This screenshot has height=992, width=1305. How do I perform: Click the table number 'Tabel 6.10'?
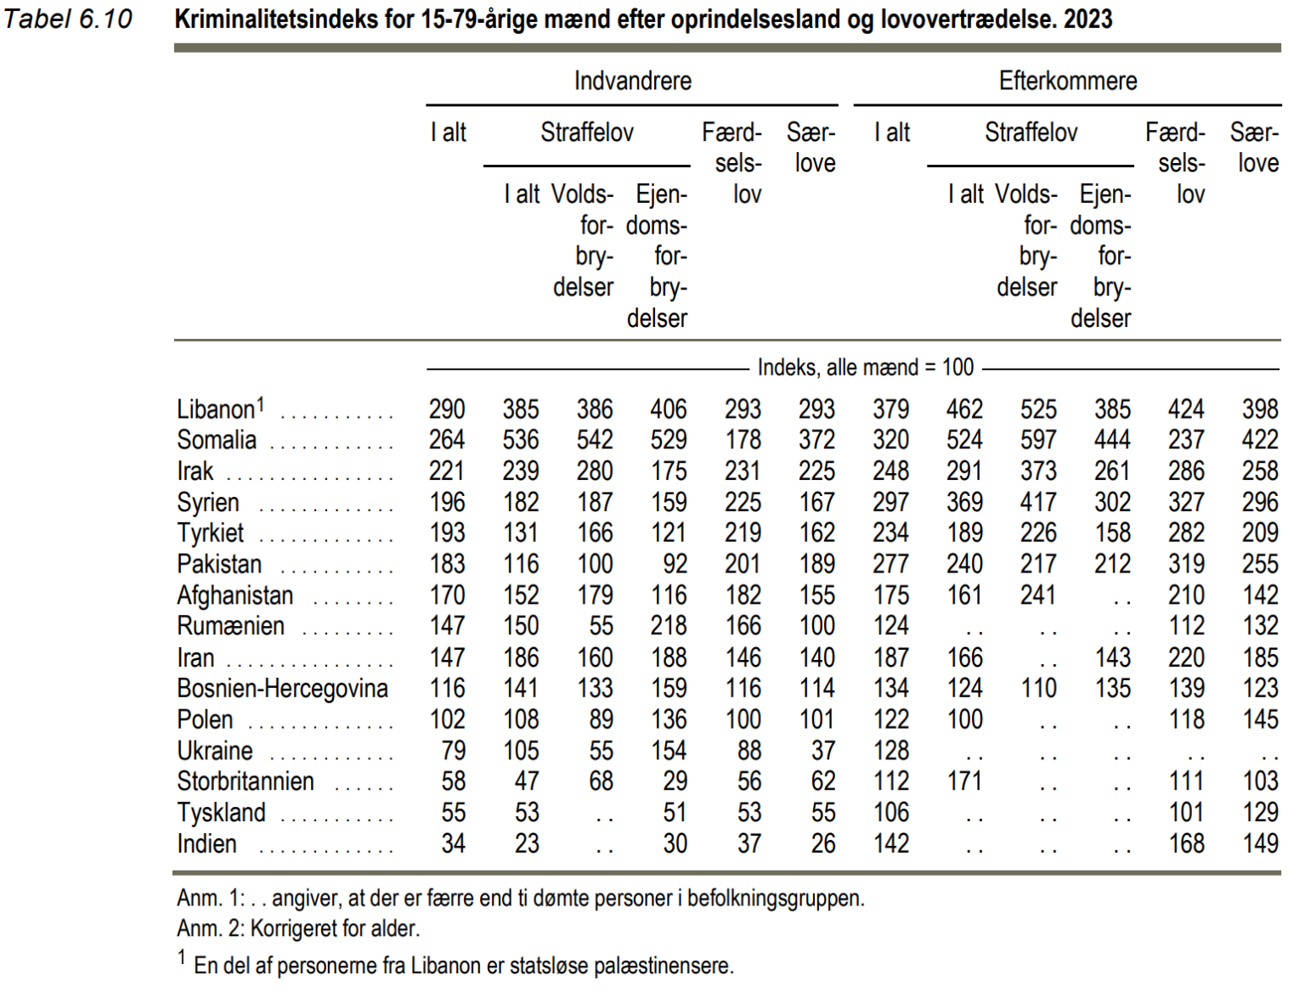tap(67, 19)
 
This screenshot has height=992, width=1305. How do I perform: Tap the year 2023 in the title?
tap(1087, 19)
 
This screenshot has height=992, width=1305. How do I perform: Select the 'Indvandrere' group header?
tap(633, 81)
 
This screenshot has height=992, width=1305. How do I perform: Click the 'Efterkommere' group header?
tap(1068, 81)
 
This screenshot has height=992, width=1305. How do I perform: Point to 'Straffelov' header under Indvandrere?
tap(587, 132)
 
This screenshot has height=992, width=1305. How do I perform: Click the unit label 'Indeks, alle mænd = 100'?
tap(866, 367)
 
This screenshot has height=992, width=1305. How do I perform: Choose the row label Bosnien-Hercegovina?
tap(282, 688)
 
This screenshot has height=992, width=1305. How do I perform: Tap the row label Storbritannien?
tap(245, 781)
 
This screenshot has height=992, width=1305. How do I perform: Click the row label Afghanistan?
tap(234, 595)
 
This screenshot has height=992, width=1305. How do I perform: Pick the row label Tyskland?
tap(221, 813)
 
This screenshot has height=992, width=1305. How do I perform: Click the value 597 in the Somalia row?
tap(1039, 440)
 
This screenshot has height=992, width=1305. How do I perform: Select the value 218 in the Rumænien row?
tap(669, 626)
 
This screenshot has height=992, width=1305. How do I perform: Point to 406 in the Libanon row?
tap(669, 409)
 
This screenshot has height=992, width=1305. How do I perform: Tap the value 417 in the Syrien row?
tap(1039, 502)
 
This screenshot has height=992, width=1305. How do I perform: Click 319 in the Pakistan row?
tap(1187, 564)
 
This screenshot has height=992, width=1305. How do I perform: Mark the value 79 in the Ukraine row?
tap(454, 750)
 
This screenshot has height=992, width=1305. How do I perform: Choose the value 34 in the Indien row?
tap(454, 843)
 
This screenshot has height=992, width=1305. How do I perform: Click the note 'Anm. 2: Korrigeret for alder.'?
tap(298, 927)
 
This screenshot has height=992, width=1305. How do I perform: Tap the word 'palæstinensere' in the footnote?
tap(660, 966)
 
